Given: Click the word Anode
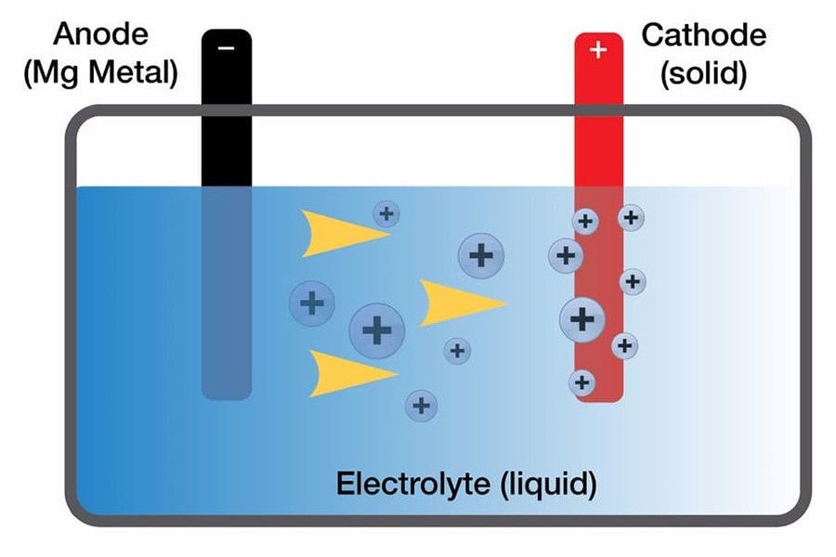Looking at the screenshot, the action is (x=100, y=34).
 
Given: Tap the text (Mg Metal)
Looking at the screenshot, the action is (x=100, y=72).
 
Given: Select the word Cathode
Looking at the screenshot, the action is (x=704, y=35).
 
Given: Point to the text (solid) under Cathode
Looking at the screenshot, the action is (x=704, y=72).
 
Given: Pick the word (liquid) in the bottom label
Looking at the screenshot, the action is (x=549, y=485).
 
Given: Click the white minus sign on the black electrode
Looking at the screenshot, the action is (x=226, y=48).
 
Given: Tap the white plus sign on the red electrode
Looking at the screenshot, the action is (x=598, y=50).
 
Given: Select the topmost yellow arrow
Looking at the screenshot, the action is (x=341, y=233).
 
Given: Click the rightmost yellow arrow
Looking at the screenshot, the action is (x=460, y=303).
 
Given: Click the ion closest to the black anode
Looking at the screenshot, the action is (x=312, y=304).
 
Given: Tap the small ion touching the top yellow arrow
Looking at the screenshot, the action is (x=386, y=214).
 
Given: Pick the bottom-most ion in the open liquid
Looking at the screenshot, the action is (x=421, y=406).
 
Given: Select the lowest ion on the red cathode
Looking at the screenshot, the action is (x=581, y=382).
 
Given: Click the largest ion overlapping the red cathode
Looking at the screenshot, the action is (x=582, y=319).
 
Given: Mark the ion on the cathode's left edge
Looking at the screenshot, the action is (x=566, y=256).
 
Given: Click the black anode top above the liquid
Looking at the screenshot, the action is (x=227, y=108).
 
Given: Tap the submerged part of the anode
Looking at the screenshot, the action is (x=227, y=293).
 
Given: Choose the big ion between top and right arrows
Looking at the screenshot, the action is (x=481, y=256).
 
